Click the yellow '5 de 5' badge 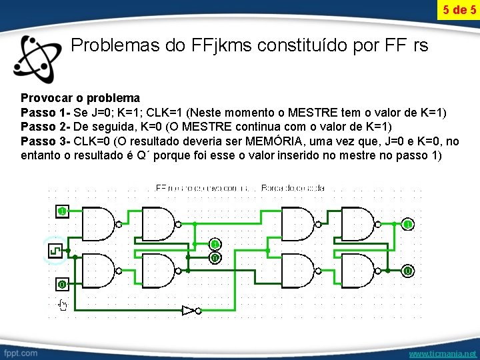459,10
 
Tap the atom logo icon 39,57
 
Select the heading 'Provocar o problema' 80,98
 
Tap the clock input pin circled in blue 55,250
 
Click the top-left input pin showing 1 61,211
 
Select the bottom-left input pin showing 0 61,284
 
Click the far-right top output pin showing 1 406,224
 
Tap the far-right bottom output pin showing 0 406,271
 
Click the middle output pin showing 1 215,244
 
